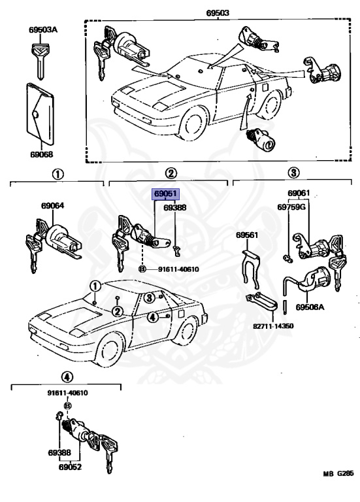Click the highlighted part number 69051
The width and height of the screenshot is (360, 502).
[x=165, y=193]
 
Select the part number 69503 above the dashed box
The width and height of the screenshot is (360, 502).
[x=218, y=13]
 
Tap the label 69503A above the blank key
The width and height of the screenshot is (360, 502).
[x=43, y=30]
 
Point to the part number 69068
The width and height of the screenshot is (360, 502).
[x=42, y=154]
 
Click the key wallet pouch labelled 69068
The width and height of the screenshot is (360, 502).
[x=40, y=114]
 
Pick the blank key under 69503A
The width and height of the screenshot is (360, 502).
[x=41, y=61]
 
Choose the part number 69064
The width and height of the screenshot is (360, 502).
[x=52, y=205]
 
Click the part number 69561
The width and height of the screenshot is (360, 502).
[x=247, y=235]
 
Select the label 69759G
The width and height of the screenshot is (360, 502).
[x=291, y=207]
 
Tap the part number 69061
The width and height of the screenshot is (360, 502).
[x=299, y=193]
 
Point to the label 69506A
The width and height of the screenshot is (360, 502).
[x=310, y=307]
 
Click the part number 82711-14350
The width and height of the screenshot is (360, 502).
[x=273, y=326]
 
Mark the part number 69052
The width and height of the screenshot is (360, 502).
[x=70, y=467]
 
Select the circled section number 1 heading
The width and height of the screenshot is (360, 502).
[x=58, y=175]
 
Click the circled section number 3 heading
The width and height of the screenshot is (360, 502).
[x=293, y=173]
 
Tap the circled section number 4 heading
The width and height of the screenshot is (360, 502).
[x=67, y=377]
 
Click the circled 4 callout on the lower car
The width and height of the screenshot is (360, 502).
[x=153, y=317]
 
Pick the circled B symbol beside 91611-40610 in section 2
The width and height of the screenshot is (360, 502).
[x=142, y=269]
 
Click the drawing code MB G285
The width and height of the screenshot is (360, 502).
[x=338, y=473]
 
